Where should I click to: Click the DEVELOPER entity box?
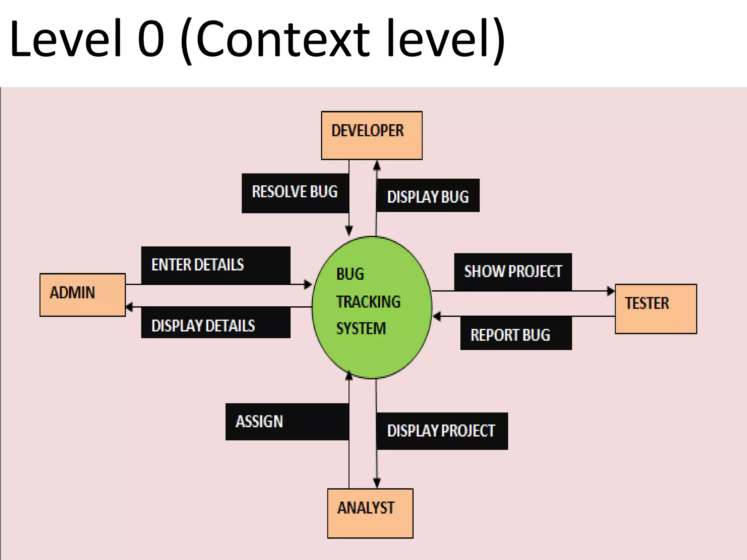(372, 135)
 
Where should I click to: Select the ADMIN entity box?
(82, 295)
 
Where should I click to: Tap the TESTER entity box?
(656, 308)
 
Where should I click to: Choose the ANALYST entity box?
(370, 513)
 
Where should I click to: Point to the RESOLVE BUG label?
(295, 193)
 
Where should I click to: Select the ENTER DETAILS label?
(216, 265)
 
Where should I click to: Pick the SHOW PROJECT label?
(513, 272)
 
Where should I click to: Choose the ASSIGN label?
(287, 421)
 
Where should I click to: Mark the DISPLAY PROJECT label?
(442, 431)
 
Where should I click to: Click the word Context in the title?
(283, 39)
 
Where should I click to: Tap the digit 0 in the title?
(151, 39)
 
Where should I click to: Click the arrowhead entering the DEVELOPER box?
(377, 166)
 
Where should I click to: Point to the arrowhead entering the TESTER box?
(611, 291)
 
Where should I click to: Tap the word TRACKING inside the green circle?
(368, 302)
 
